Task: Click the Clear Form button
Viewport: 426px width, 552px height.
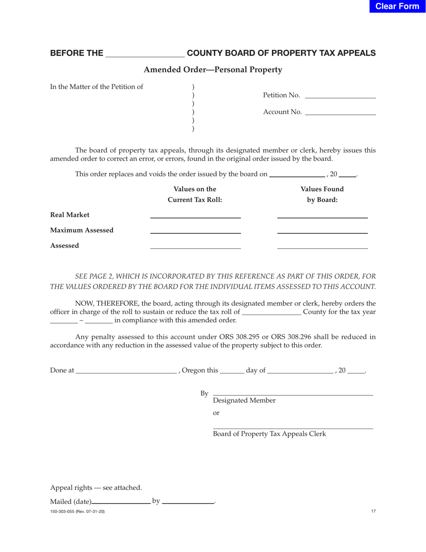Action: point(397,6)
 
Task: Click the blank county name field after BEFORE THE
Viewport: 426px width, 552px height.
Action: point(144,53)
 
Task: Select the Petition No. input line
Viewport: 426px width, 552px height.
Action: point(339,95)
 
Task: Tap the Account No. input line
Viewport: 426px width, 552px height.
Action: point(339,112)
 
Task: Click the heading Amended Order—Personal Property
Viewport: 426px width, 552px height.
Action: point(213,70)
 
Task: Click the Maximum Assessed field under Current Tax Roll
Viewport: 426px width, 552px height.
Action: point(195,230)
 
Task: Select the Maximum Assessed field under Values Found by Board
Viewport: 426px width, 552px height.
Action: point(322,230)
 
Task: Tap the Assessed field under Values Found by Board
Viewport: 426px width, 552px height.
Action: point(322,245)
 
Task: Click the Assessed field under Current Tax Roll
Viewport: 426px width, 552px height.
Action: point(195,245)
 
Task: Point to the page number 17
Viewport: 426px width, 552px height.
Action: point(373,511)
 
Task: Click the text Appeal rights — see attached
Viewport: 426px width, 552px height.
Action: point(96,487)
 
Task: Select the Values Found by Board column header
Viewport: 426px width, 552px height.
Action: point(322,194)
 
